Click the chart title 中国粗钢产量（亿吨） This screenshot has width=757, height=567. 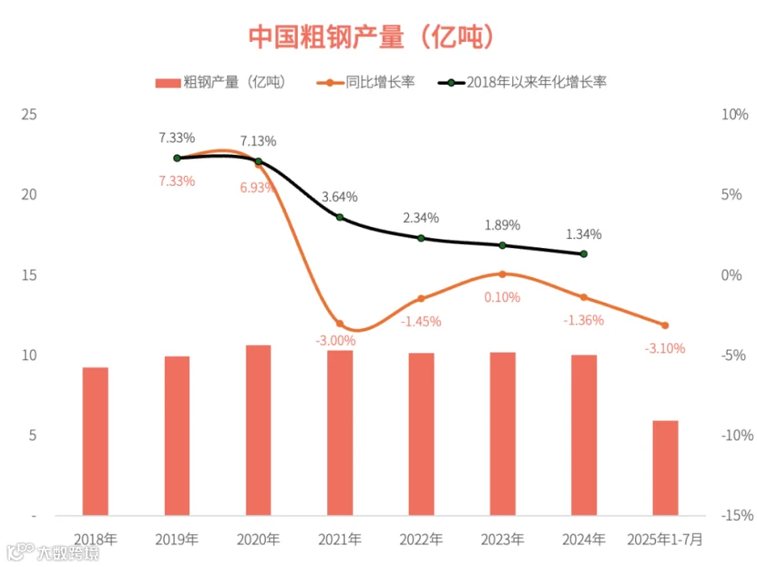tap(371, 37)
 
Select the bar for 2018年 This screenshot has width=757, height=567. tap(95, 442)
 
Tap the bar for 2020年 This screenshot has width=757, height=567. tap(258, 431)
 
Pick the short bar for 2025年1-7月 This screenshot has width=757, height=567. tap(665, 468)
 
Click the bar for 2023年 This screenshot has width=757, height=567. tap(503, 434)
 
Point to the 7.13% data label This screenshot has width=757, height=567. tap(258, 141)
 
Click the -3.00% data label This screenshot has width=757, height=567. tap(336, 341)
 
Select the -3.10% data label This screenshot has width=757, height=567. tap(664, 348)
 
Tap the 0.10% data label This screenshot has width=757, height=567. tap(502, 297)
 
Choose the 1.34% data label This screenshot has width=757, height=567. tap(584, 234)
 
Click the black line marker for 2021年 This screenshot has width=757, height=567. tap(340, 217)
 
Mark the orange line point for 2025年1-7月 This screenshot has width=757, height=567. tap(664, 326)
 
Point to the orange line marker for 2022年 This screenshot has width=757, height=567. tap(421, 299)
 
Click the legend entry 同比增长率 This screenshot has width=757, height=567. tap(366, 82)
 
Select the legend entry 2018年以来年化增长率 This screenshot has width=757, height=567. tap(522, 82)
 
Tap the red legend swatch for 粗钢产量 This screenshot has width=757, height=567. tap(167, 83)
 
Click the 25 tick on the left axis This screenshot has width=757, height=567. tap(29, 114)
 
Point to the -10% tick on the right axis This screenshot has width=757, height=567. tap(737, 435)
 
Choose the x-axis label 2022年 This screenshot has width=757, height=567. tap(421, 539)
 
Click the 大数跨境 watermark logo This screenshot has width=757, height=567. tap(52, 552)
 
